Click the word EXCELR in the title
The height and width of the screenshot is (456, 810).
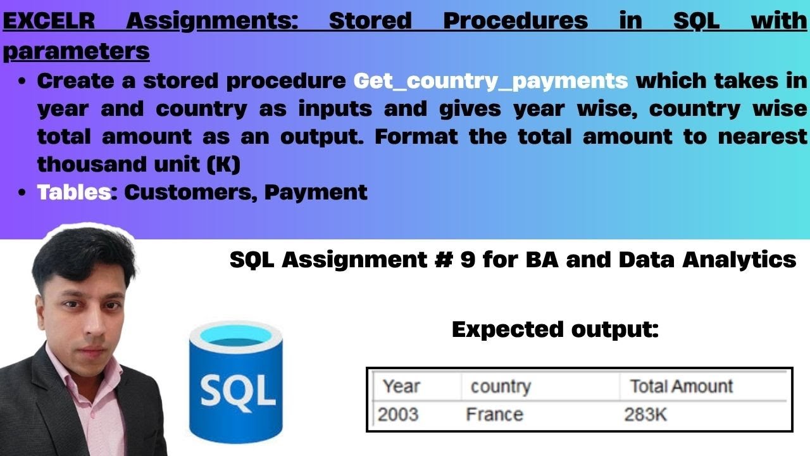[49, 22]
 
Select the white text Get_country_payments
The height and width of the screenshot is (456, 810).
[490, 81]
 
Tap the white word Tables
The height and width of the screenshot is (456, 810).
[73, 192]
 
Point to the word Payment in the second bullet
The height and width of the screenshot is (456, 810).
[316, 192]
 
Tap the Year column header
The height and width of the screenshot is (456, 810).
[401, 386]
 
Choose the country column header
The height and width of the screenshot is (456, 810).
[500, 386]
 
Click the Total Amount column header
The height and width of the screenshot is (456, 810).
[681, 386]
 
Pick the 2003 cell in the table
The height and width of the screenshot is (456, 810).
[398, 414]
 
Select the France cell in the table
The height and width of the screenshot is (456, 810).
[494, 414]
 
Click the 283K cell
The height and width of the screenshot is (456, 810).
[645, 414]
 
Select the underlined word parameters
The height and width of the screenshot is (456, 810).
[77, 51]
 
